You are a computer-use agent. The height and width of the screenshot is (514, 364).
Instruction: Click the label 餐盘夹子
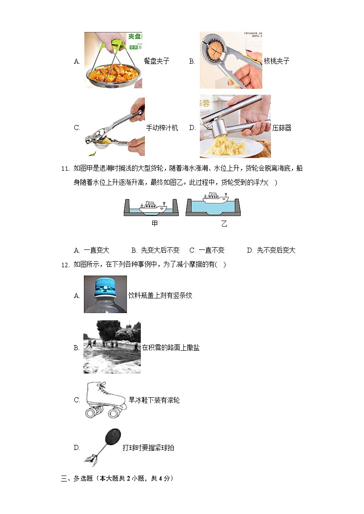pyautogui.click(x=156, y=61)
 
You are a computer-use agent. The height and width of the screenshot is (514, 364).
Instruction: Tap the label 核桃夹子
pyautogui.click(x=276, y=61)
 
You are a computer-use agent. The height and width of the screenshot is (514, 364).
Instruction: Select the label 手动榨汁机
pyautogui.click(x=162, y=128)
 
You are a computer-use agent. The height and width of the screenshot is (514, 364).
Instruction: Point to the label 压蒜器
pyautogui.click(x=281, y=128)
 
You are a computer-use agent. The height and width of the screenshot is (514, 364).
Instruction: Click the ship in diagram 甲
pyautogui.click(x=152, y=206)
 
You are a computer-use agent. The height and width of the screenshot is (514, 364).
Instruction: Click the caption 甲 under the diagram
pyautogui.click(x=154, y=224)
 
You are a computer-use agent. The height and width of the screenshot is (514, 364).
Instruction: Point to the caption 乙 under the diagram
pyautogui.click(x=224, y=224)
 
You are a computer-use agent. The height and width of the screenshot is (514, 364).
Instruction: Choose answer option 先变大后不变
pyautogui.click(x=155, y=250)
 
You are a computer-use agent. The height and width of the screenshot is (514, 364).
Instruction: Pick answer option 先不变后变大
pyautogui.click(x=271, y=250)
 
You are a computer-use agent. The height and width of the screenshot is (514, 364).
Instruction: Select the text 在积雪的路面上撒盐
pyautogui.click(x=171, y=347)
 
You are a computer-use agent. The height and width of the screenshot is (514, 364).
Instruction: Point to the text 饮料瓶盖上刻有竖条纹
pyautogui.click(x=160, y=295)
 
